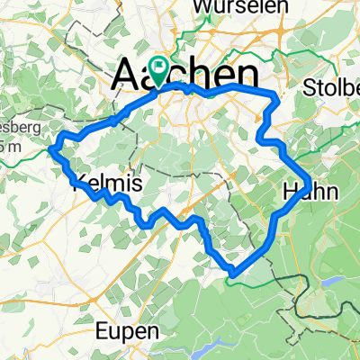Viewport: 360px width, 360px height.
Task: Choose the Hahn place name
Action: coord(308,190)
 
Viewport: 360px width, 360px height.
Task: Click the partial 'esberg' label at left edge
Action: coord(20,128)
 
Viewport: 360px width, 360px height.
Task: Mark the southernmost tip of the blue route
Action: coord(232,273)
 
